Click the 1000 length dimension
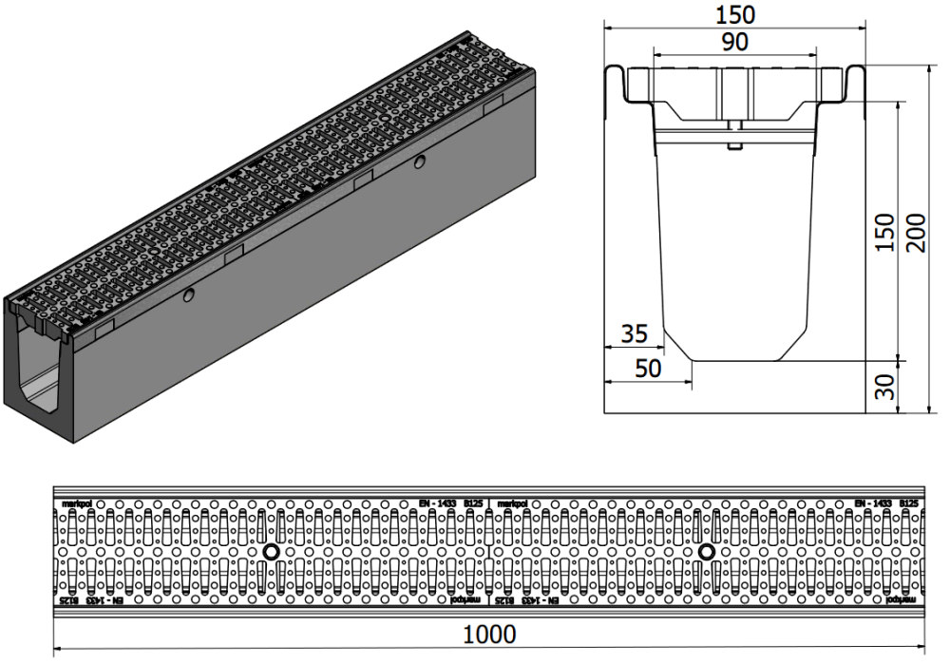(x=491, y=634)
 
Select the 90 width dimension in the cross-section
(x=734, y=42)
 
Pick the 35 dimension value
(x=634, y=332)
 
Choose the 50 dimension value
(x=648, y=369)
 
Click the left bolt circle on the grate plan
(x=271, y=552)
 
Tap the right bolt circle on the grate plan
(x=706, y=552)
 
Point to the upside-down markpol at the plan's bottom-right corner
(x=902, y=600)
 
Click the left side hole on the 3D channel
(x=190, y=296)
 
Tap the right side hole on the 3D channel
(x=419, y=164)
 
